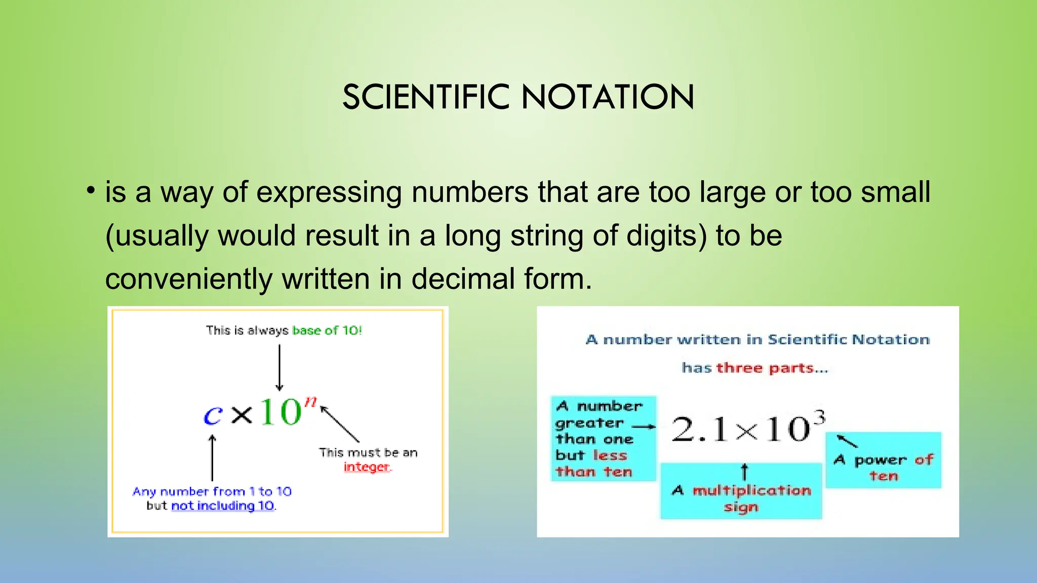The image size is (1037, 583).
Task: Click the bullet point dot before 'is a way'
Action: [x=91, y=191]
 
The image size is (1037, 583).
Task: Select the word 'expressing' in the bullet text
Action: [x=329, y=193]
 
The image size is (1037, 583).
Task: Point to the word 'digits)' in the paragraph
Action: [x=666, y=236]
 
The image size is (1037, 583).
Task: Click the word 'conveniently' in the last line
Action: [x=189, y=279]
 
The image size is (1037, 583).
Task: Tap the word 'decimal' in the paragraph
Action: [x=463, y=279]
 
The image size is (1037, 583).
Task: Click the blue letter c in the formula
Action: [x=213, y=415]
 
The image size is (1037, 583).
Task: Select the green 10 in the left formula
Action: [x=281, y=412]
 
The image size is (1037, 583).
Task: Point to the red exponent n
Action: [x=310, y=401]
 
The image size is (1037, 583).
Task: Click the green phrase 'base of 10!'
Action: [x=327, y=330]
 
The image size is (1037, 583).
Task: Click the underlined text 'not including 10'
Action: [x=223, y=506]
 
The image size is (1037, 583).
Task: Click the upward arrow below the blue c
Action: [x=213, y=457]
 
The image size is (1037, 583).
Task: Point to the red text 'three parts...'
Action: [x=772, y=368]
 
